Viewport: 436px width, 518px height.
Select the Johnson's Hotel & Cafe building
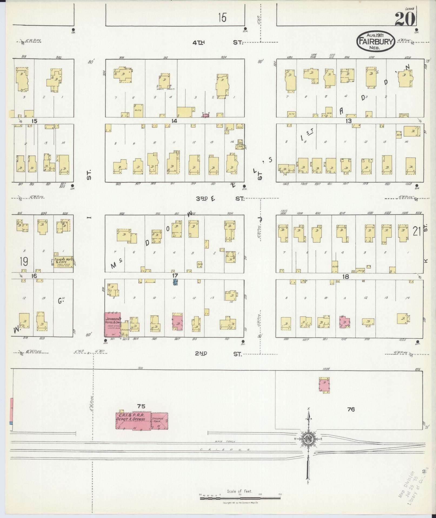click(112, 324)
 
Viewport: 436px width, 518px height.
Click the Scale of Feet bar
click(241, 498)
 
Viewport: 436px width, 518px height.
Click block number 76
click(351, 417)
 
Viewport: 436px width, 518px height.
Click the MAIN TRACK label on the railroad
click(221, 441)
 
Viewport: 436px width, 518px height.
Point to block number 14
click(174, 121)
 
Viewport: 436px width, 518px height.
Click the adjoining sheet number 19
click(24, 261)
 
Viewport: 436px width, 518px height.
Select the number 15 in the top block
click(222, 18)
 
